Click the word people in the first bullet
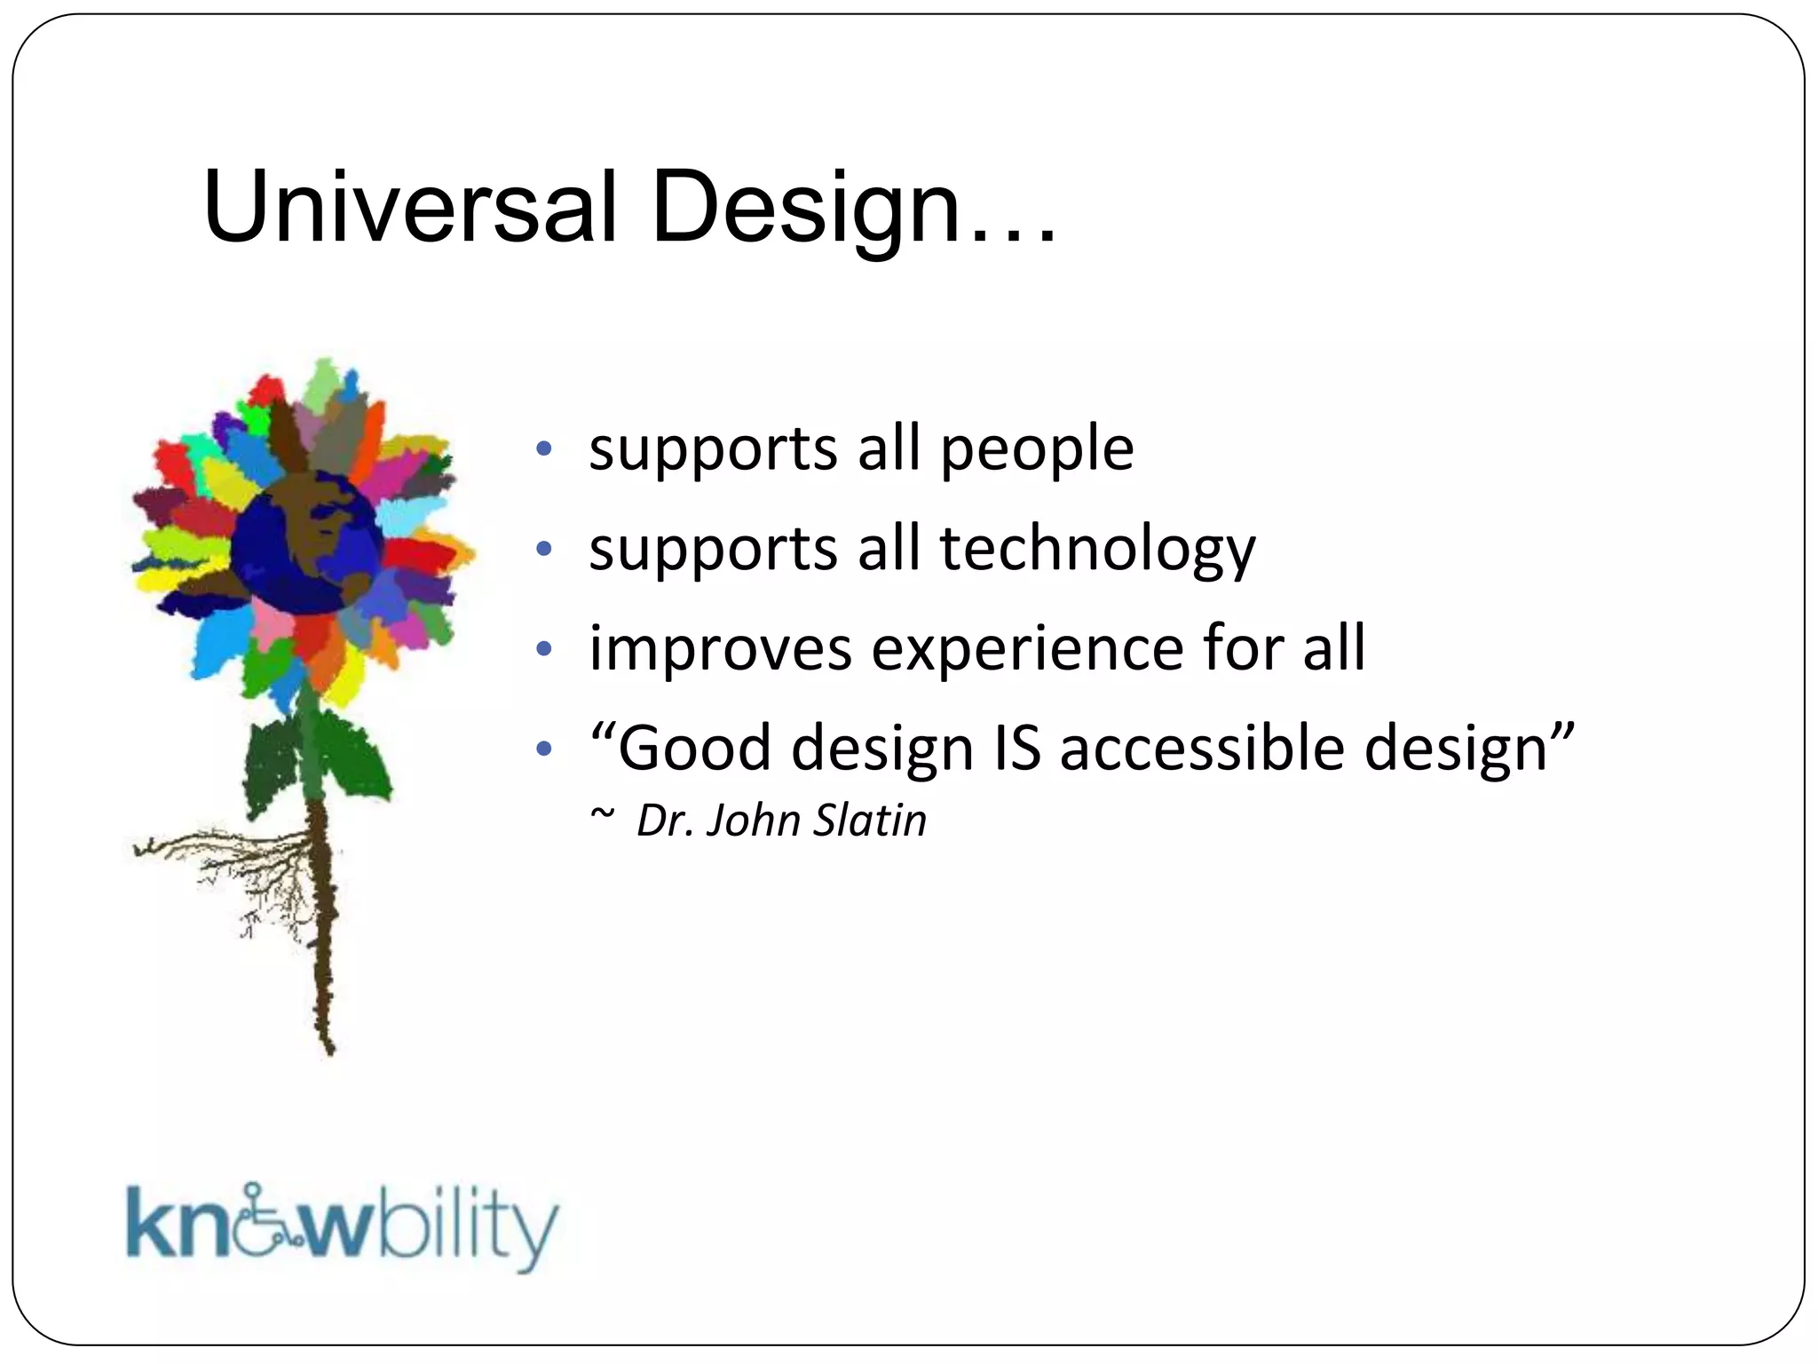click(x=1037, y=450)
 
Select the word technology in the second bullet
click(x=1097, y=551)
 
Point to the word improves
click(x=720, y=649)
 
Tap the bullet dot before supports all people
click(x=544, y=448)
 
